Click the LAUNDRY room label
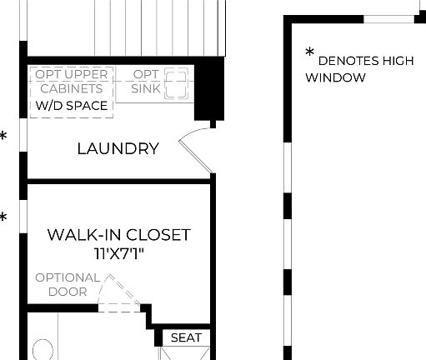tap(118, 149)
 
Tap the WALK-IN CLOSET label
tap(118, 235)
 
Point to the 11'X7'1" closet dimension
tap(118, 253)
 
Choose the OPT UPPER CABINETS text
tap(71, 82)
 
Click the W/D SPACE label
tap(71, 106)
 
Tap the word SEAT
tap(186, 337)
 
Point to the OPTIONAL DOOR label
tap(67, 284)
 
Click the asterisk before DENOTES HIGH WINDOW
tap(310, 54)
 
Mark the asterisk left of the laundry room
tap(4, 135)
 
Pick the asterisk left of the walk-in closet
tap(4, 218)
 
